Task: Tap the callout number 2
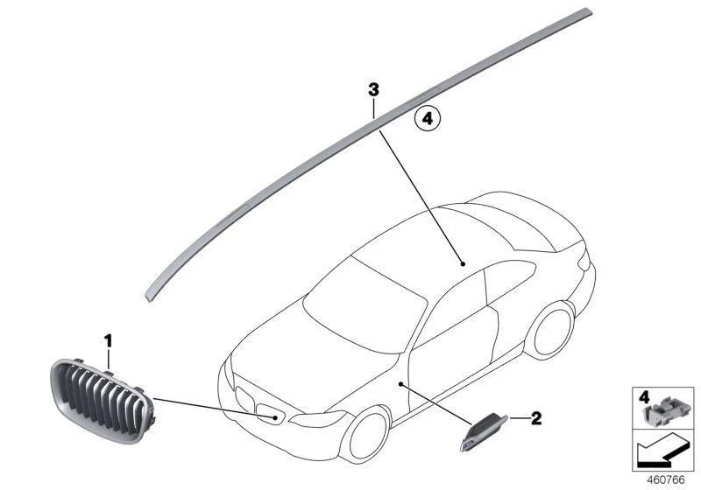535,418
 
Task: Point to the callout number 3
373,90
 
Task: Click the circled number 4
428,119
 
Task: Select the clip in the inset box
662,411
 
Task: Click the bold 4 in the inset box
644,396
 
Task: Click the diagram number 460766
666,480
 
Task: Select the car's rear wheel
551,329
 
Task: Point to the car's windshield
365,304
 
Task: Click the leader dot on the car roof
463,264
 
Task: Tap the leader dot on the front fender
400,383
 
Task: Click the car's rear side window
510,280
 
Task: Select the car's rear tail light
583,260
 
